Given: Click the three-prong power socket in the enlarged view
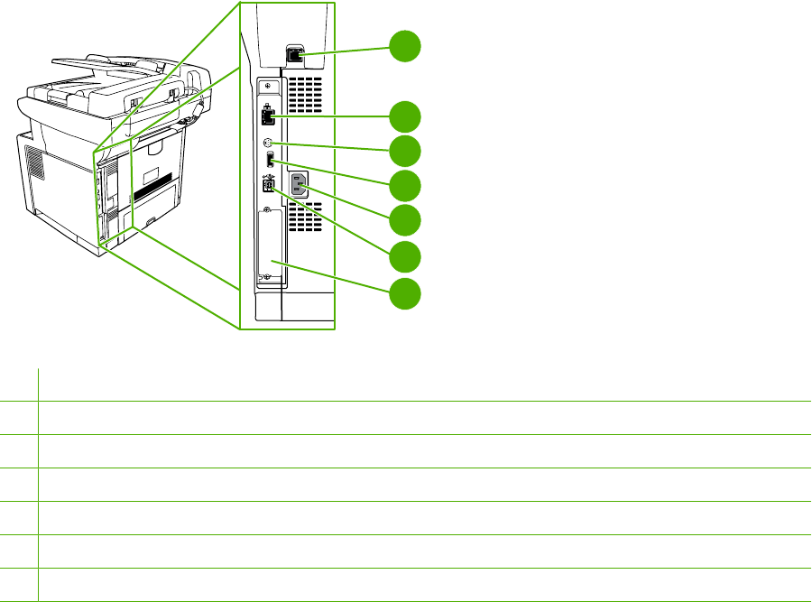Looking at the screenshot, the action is (300, 187).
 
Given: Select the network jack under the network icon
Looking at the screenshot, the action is (268, 116).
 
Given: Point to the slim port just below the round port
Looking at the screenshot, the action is (269, 162).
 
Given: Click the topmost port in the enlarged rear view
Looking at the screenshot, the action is (294, 56).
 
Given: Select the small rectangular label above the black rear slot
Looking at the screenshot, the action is (156, 172).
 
